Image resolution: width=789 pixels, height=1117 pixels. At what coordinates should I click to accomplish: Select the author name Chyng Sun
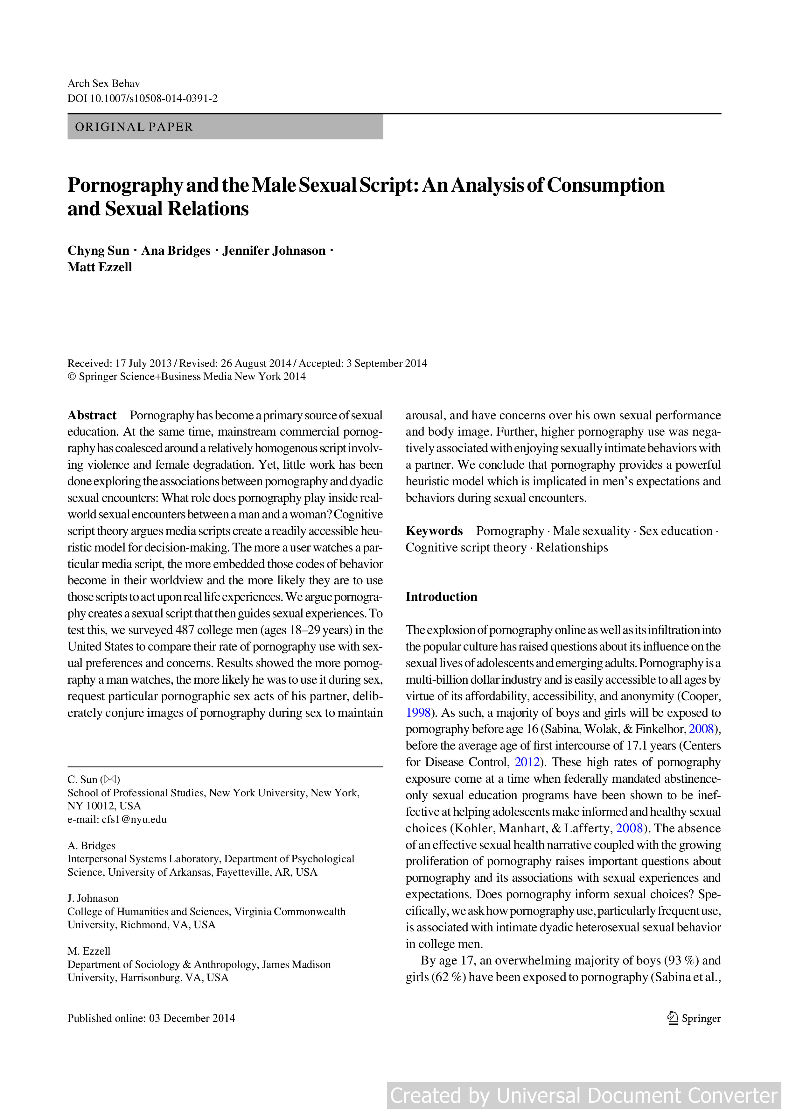tap(98, 251)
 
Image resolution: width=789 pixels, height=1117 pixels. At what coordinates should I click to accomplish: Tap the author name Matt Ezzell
tap(100, 267)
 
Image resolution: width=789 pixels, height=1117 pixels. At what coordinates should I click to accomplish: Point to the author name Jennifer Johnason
tap(274, 251)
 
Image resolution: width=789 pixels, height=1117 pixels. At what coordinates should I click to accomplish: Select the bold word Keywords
tap(434, 531)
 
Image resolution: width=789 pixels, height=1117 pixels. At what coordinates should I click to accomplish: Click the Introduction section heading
tap(441, 597)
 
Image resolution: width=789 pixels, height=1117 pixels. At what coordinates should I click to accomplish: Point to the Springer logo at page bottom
tap(694, 1018)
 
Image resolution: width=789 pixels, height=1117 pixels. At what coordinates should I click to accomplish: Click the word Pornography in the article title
tap(124, 185)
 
